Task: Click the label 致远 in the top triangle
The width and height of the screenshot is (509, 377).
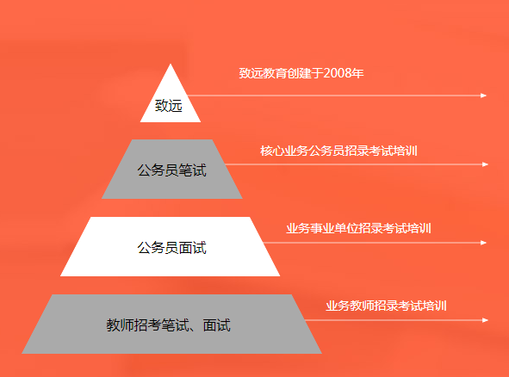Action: point(169,106)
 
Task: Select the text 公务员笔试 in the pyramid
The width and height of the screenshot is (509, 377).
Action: point(171,170)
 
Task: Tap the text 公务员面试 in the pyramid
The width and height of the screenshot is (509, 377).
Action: point(171,248)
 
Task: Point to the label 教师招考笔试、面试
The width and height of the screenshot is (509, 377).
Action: point(169,325)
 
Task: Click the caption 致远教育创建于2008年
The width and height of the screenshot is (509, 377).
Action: point(301,73)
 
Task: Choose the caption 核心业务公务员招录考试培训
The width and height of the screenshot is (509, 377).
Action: point(338,151)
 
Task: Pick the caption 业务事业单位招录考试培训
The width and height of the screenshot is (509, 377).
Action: point(358,228)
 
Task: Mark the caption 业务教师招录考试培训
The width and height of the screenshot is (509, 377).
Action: point(386,306)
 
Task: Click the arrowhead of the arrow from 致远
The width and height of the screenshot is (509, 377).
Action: point(484,96)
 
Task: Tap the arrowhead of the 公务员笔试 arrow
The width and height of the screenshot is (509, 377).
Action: point(485,164)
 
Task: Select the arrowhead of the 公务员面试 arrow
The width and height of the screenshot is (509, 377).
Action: point(484,243)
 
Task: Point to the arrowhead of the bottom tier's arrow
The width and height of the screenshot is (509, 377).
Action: point(485,320)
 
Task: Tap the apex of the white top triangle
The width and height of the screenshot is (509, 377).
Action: point(171,64)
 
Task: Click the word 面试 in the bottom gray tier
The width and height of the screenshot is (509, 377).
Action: point(217,325)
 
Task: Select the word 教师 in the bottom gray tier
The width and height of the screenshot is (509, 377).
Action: point(120,325)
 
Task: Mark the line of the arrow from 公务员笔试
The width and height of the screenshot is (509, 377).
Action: point(354,164)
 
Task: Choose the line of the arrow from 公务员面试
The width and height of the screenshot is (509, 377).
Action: point(372,243)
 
